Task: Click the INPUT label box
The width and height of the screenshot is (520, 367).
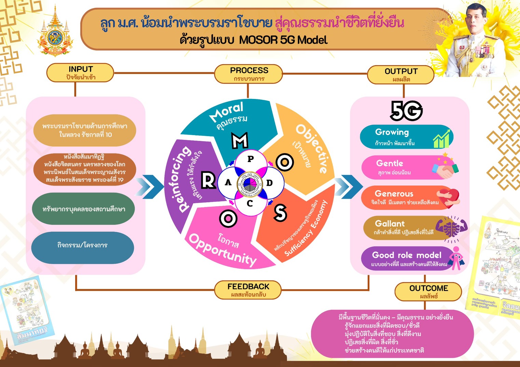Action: click(x=80, y=73)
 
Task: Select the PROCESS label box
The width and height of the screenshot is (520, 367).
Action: click(x=248, y=74)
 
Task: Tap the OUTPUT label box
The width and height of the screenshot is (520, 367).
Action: click(x=400, y=75)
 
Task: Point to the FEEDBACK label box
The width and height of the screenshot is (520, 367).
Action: click(x=248, y=290)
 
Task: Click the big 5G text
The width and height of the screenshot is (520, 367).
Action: click(x=406, y=111)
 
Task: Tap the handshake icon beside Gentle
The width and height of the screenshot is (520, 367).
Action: click(x=445, y=168)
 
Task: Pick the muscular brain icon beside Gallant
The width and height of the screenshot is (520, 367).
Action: click(x=451, y=228)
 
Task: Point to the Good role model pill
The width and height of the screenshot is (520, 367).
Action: click(x=407, y=259)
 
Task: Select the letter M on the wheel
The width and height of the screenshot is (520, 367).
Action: click(x=240, y=140)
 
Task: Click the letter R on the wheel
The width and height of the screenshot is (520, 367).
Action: click(x=208, y=180)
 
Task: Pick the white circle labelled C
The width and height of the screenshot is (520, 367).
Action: click(x=250, y=204)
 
